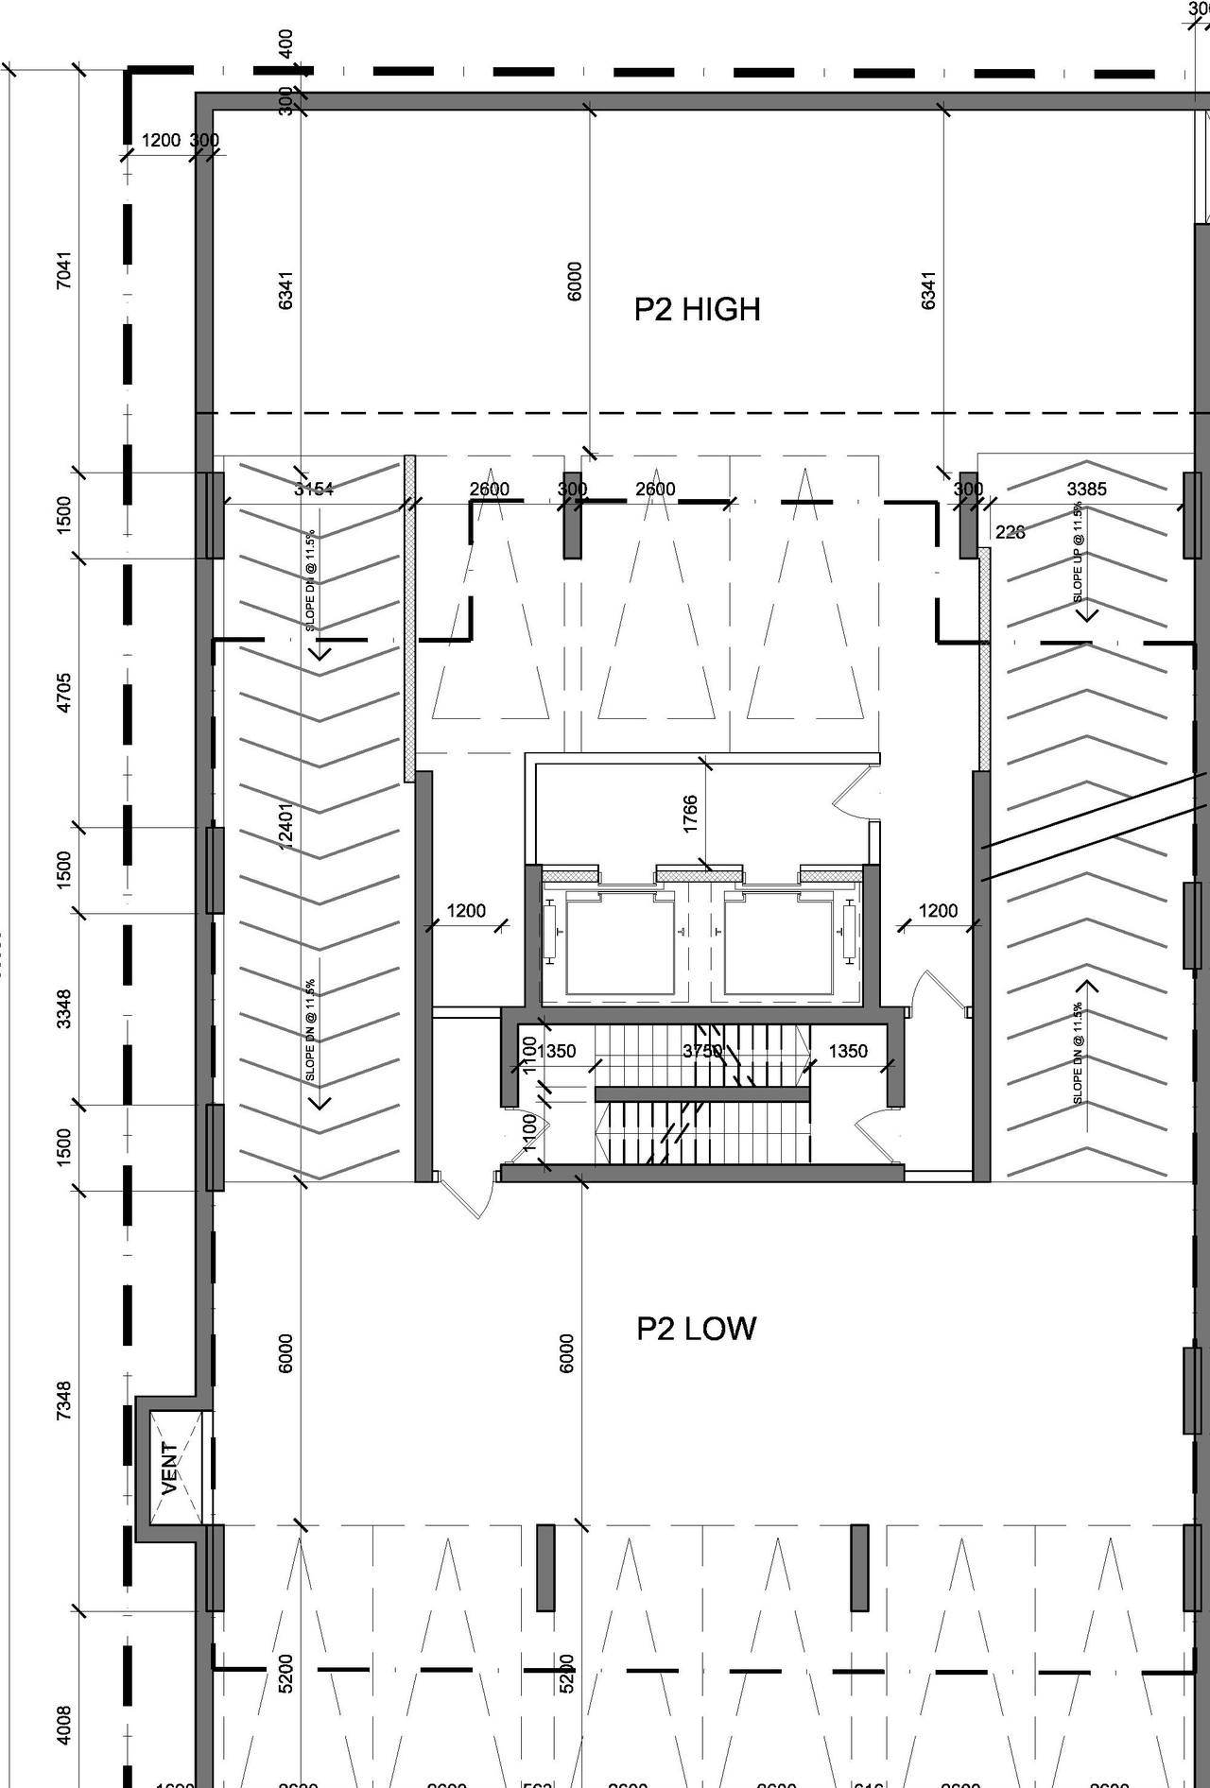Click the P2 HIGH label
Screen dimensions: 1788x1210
pos(697,310)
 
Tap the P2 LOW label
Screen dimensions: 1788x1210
pos(696,1329)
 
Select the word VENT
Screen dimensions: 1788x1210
pos(170,1468)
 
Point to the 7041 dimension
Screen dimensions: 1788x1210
pos(63,270)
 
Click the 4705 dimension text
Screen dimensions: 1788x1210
pos(63,692)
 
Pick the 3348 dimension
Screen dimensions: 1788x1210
pos(63,1008)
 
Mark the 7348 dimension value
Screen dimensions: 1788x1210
pos(63,1401)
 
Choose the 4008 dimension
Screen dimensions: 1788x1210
pos(63,1725)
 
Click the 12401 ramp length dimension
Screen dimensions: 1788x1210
pos(285,825)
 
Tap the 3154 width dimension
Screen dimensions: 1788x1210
pos(314,489)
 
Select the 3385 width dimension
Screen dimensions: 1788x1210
pos(1086,489)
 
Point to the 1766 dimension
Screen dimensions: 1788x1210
pos(690,813)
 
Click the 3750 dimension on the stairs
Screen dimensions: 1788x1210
pos(702,1051)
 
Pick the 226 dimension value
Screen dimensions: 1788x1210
pos(1010,532)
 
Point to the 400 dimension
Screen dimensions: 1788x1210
pos(286,42)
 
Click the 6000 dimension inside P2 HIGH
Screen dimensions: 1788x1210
pos(575,281)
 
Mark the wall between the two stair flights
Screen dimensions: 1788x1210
pos(702,1094)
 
